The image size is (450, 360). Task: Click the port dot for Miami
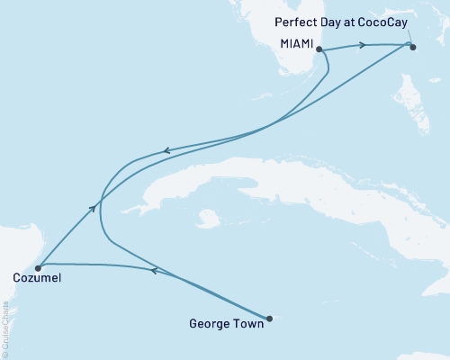319,50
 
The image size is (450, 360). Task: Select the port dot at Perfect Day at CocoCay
413,47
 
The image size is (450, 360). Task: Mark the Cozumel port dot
37,267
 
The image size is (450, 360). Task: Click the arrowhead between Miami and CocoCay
363,45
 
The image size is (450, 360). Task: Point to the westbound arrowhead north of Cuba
165,153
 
